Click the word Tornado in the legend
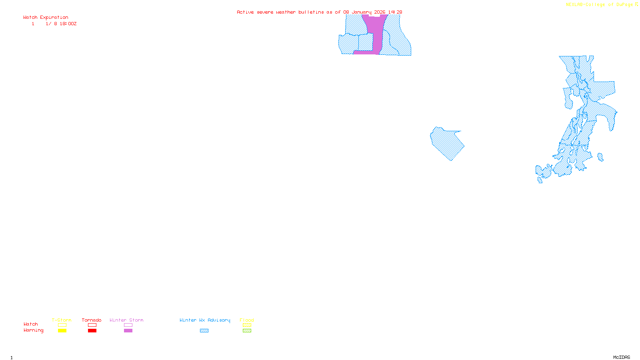point(92,320)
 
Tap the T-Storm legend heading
point(62,320)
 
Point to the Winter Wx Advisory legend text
point(205,320)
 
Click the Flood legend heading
point(247,320)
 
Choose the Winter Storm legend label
point(126,320)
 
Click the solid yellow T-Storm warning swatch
point(62,331)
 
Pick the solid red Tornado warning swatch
point(92,331)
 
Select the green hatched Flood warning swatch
point(247,331)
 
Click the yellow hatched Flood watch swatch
point(247,325)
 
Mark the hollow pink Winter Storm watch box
point(128,325)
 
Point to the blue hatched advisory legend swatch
point(204,331)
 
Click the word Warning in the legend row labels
point(34,330)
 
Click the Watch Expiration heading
point(46,18)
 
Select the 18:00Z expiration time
point(68,24)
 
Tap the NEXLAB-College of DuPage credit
point(600,5)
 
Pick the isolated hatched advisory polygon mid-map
point(447,143)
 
